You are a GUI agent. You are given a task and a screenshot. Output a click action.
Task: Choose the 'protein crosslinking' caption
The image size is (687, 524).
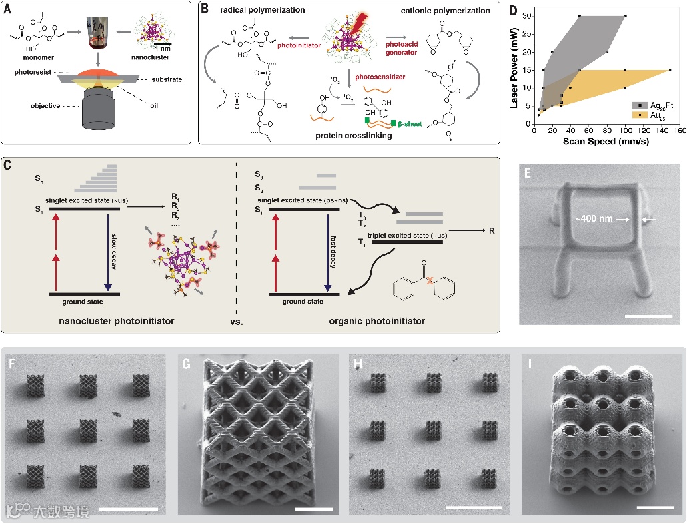[x=352, y=136]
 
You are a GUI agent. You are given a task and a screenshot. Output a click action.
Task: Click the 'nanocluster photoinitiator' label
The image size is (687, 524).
[x=125, y=322]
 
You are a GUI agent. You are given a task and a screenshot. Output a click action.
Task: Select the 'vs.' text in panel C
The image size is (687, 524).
[x=239, y=322]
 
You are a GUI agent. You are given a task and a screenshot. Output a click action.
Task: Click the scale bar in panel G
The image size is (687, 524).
[x=313, y=510]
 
